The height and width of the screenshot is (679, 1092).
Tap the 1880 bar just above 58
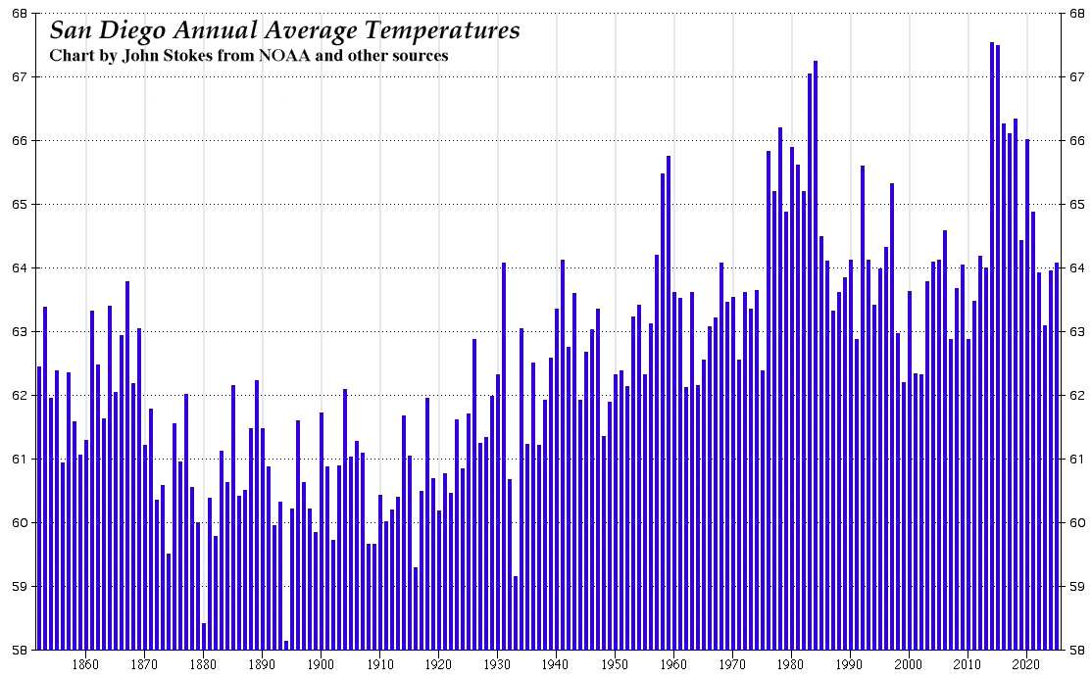pyautogui.click(x=204, y=636)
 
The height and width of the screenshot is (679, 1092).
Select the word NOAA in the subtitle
pyautogui.click(x=289, y=56)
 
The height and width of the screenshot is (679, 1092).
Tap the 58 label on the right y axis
pyautogui.click(x=1076, y=650)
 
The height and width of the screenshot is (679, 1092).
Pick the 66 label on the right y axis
pyautogui.click(x=1076, y=141)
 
